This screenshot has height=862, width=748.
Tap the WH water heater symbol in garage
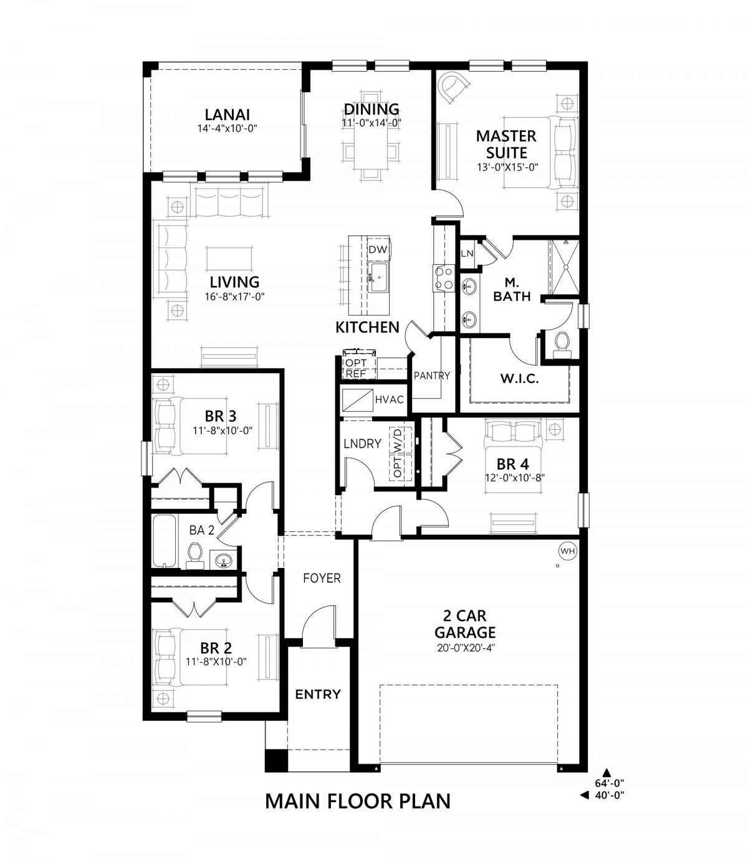(567, 551)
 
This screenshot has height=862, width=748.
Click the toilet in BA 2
(195, 555)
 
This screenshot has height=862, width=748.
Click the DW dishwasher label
(378, 250)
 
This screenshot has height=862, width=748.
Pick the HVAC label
(390, 399)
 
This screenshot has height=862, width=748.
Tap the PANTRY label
(431, 376)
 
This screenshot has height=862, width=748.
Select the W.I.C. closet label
(519, 378)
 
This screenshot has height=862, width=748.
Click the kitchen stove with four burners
(443, 278)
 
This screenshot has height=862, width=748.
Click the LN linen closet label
(467, 253)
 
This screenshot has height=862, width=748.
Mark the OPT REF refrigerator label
(356, 368)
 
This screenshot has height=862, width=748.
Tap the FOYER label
(322, 578)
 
